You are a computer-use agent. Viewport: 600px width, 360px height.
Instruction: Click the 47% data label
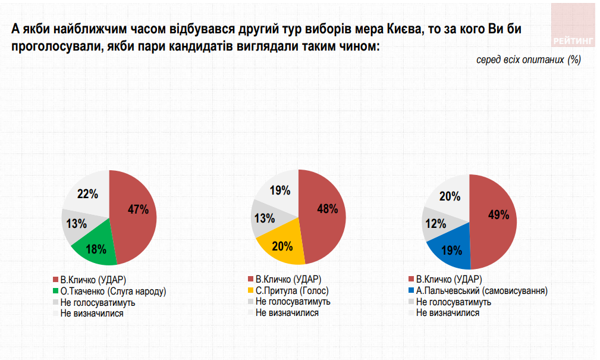pyautogui.click(x=137, y=209)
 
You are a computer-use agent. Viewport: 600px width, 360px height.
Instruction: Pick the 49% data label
pyautogui.click(x=499, y=215)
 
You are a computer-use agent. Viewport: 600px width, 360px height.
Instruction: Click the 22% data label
pyautogui.click(x=87, y=193)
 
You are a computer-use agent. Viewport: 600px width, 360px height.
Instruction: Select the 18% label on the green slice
pyautogui.click(x=96, y=249)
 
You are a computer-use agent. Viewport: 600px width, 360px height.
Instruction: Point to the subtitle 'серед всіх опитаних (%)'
pyautogui.click(x=528, y=60)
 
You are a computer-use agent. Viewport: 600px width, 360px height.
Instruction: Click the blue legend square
pyautogui.click(x=411, y=291)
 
